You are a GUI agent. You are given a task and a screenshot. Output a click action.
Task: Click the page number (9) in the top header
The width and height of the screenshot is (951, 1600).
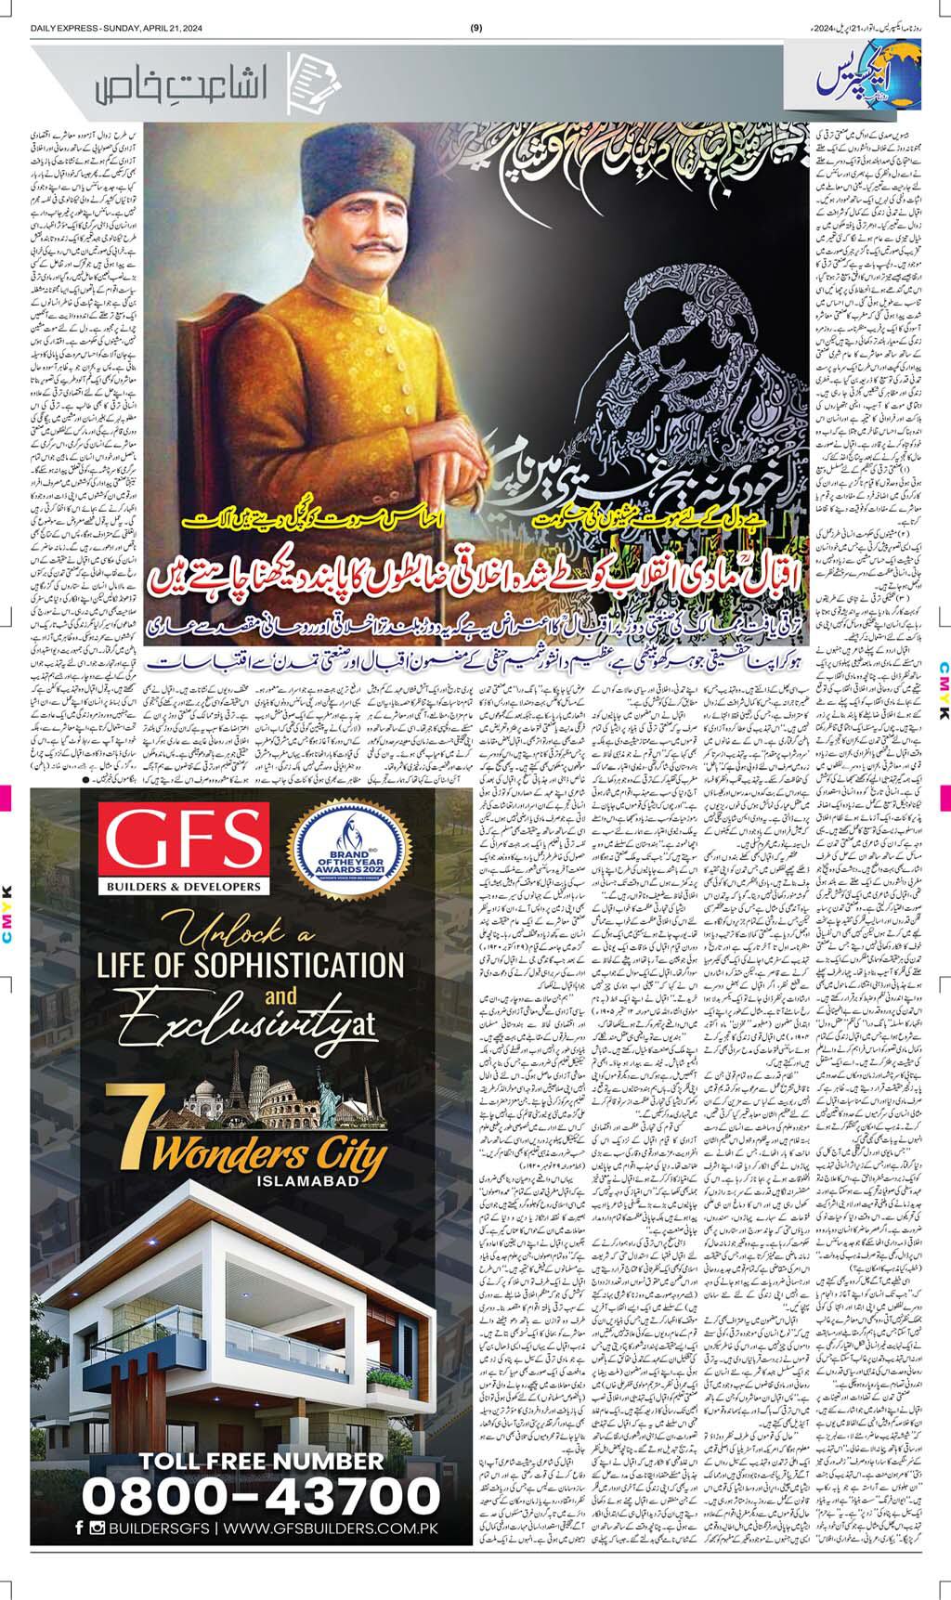(476, 29)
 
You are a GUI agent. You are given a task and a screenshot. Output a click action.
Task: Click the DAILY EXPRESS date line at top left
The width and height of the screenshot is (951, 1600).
(116, 29)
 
